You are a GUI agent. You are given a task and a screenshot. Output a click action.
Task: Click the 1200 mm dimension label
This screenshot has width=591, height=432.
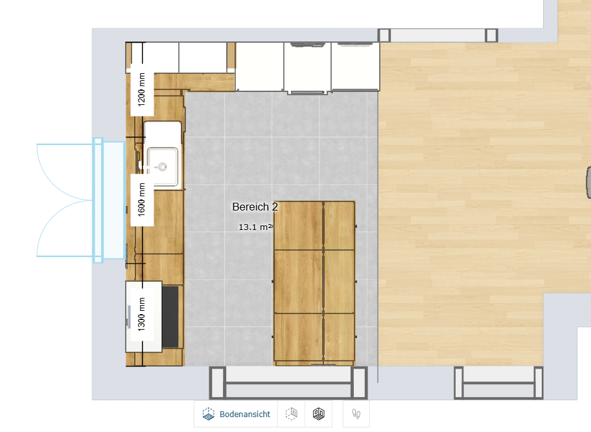tap(142, 89)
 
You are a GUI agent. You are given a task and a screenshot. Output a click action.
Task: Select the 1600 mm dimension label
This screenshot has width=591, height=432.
tap(142, 199)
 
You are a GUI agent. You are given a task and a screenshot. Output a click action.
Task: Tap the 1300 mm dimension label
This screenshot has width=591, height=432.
tap(142, 314)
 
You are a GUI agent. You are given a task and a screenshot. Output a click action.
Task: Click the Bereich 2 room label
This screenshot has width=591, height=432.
tap(255, 207)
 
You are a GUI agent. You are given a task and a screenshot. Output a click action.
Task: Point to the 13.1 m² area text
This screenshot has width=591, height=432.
tap(255, 227)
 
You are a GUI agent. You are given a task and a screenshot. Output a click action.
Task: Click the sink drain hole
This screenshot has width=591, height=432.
tap(163, 166)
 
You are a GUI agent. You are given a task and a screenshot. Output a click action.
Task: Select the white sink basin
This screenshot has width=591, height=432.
tap(163, 166)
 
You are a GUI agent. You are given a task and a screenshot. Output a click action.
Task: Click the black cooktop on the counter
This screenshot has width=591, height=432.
tap(170, 317)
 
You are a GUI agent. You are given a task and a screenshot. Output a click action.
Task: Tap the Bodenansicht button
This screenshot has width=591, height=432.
tap(236, 414)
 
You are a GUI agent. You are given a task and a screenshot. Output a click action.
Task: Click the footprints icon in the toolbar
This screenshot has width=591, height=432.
tap(356, 414)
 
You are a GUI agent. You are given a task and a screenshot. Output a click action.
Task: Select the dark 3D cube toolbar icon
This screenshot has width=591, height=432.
tap(318, 414)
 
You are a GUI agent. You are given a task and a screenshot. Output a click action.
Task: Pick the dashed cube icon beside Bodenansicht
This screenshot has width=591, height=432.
tap(292, 414)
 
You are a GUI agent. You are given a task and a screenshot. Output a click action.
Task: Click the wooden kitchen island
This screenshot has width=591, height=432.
tap(314, 283)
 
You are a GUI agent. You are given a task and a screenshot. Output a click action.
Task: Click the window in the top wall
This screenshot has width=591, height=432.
tap(438, 36)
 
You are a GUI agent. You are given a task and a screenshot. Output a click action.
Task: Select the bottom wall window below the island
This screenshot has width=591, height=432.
tap(288, 382)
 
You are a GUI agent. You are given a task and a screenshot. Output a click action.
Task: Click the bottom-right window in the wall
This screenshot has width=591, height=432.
tap(499, 382)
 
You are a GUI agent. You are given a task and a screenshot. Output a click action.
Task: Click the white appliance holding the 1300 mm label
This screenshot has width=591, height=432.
tap(144, 316)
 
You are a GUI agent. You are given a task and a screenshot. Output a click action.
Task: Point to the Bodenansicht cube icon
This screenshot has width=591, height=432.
tap(208, 414)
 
